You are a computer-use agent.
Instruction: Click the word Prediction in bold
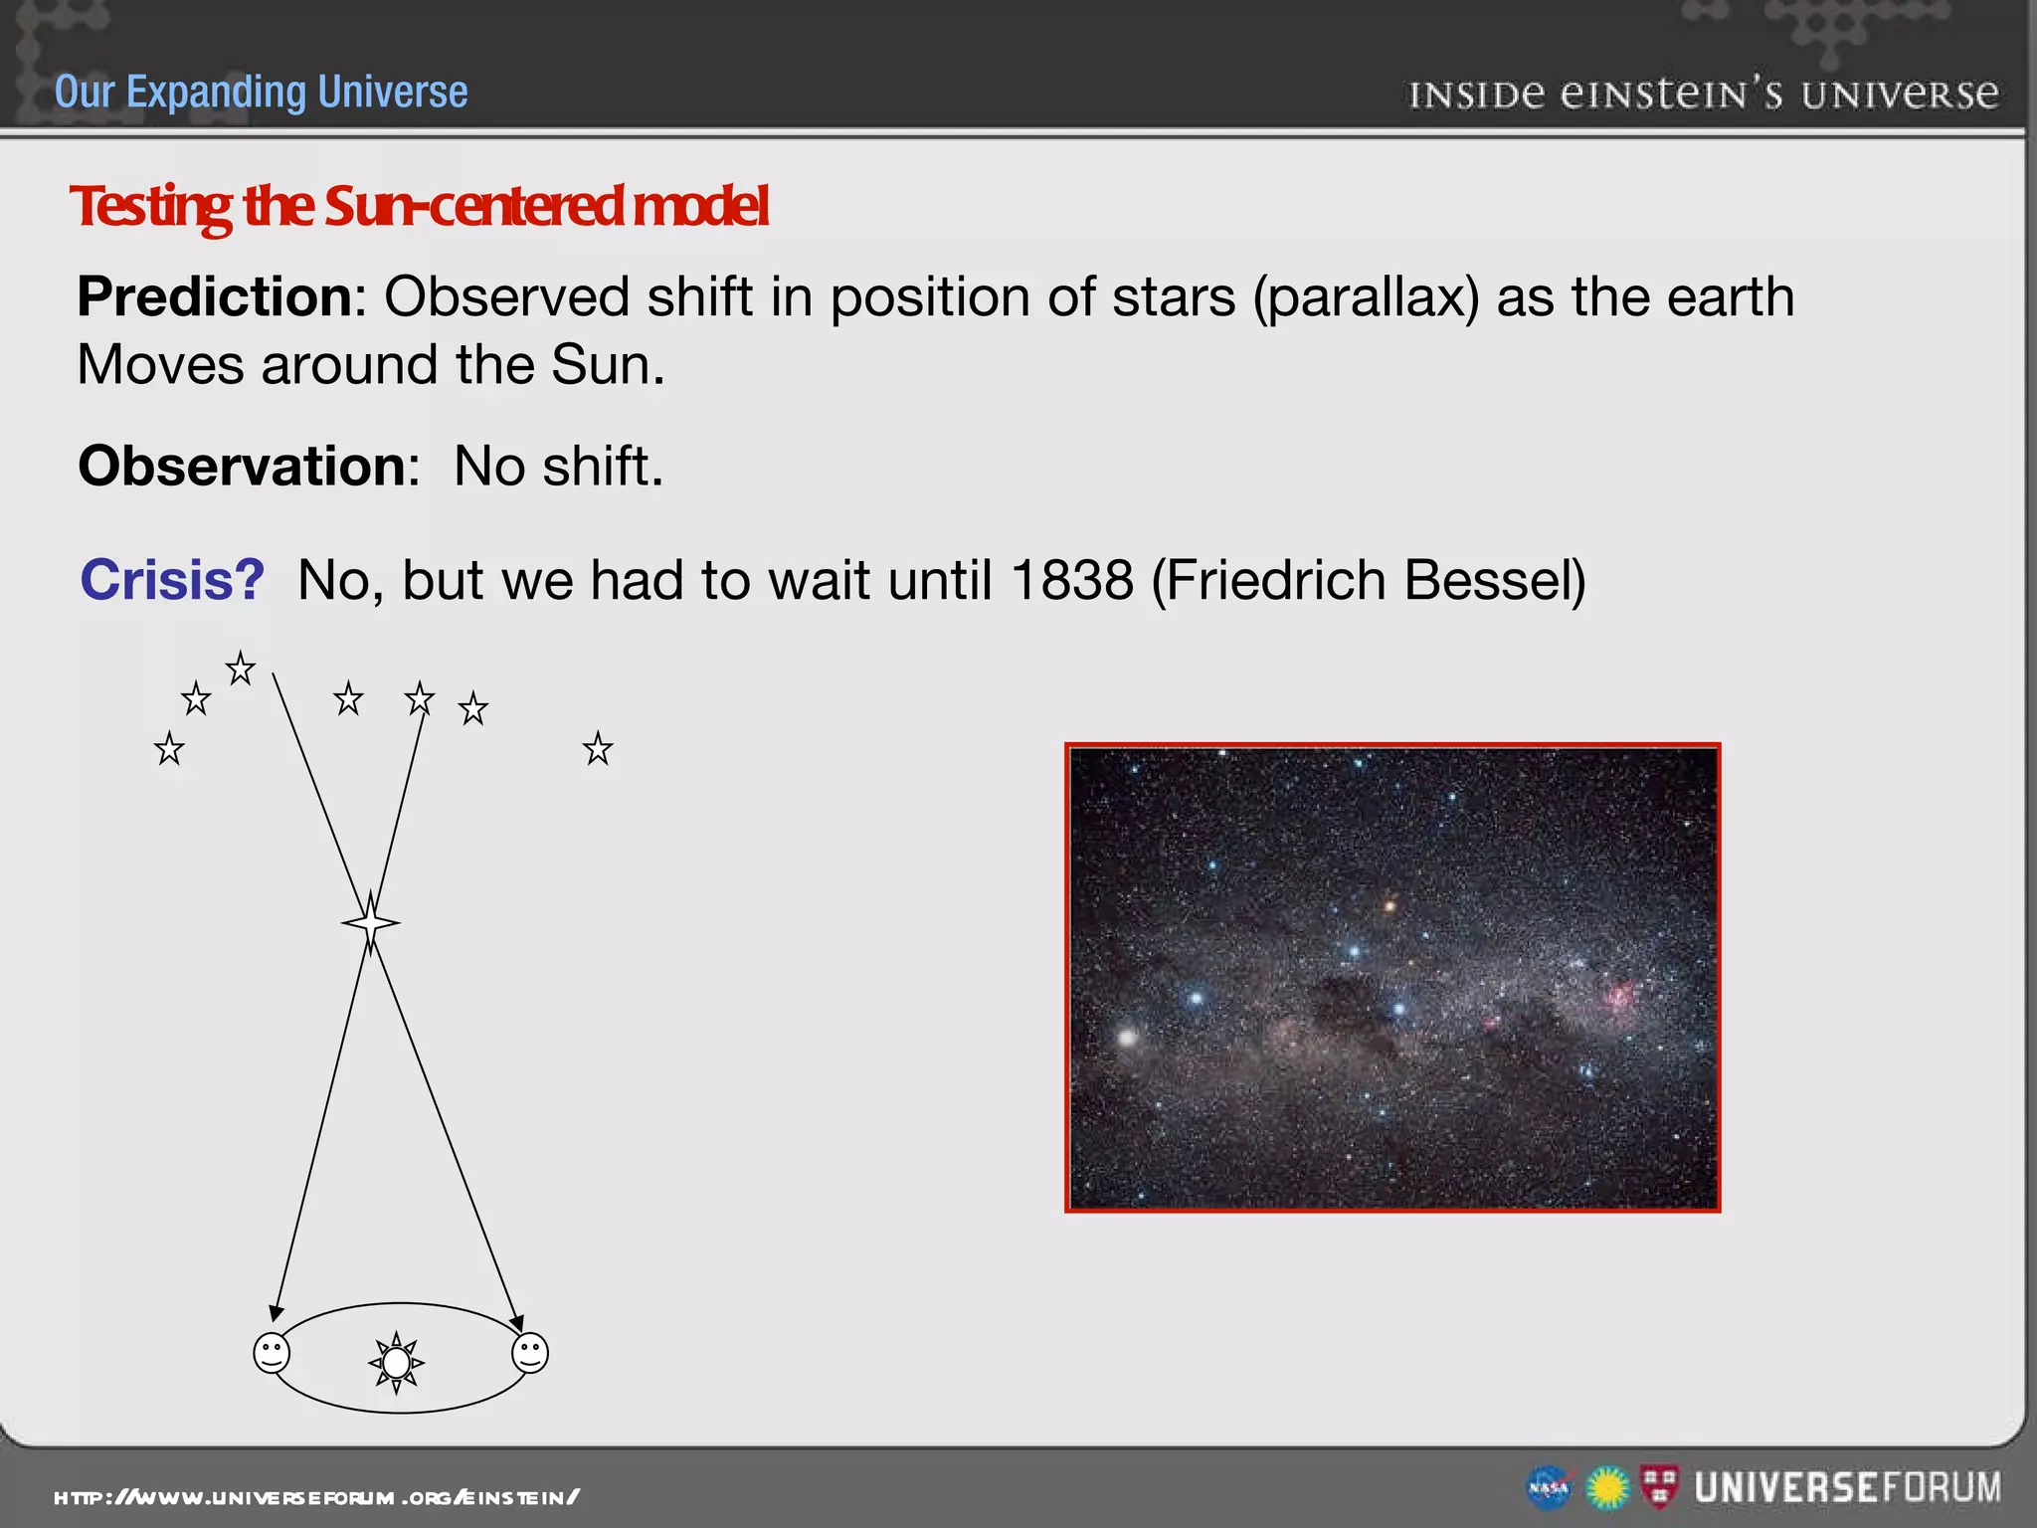(214, 297)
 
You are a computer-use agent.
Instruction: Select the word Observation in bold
(241, 467)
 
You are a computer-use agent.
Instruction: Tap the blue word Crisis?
(172, 580)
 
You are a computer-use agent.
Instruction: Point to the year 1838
(1071, 580)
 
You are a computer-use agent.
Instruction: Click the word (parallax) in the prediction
(1366, 297)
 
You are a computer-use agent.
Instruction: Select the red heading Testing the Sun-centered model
(419, 206)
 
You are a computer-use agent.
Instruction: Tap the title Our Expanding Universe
(261, 93)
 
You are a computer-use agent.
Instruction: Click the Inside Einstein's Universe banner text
(1703, 95)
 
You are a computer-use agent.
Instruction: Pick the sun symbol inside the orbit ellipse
(396, 1362)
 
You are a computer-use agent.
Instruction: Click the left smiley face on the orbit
(272, 1354)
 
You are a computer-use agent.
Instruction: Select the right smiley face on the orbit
(529, 1353)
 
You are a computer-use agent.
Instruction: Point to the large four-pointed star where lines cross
(371, 922)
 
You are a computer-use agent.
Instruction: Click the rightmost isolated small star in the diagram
(598, 748)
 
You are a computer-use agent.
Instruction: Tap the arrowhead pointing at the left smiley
(277, 1313)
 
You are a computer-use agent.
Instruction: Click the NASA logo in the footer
(1548, 1488)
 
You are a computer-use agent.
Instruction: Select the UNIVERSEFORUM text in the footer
(1847, 1488)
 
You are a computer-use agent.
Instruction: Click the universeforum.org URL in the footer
(316, 1497)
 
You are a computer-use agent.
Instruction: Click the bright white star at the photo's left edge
(1127, 1037)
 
